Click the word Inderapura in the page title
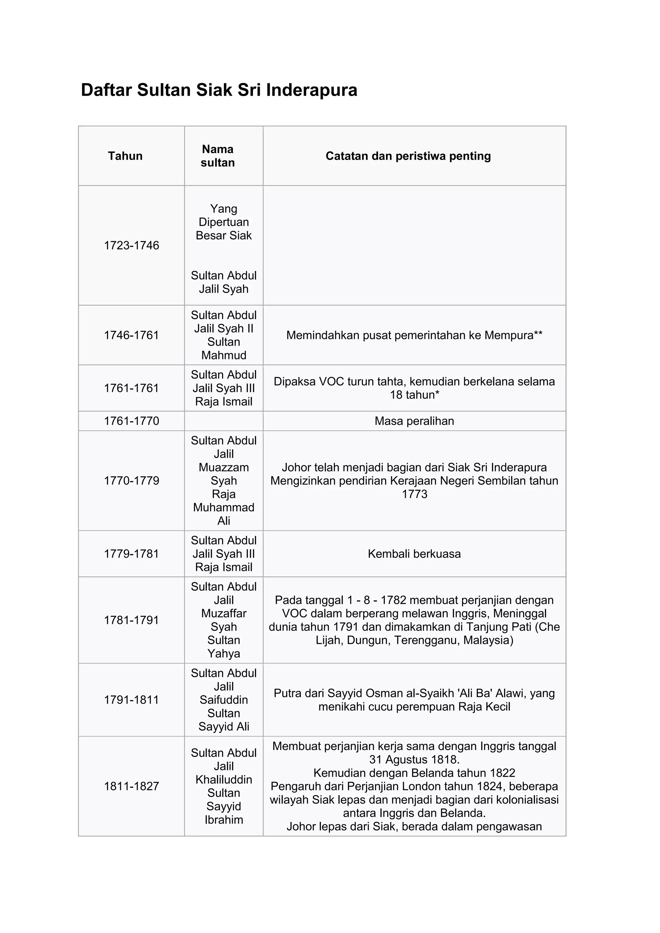[x=312, y=90]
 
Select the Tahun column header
[x=125, y=156]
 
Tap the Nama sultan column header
[x=218, y=156]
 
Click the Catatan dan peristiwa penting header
[x=408, y=156]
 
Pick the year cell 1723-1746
[x=131, y=245]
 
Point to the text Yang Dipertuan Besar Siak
[x=224, y=222]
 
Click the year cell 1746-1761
[x=131, y=335]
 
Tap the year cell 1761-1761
[x=131, y=388]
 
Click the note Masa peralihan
[x=414, y=421]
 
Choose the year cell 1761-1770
[x=131, y=421]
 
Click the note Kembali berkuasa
[x=414, y=554]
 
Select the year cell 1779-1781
[x=131, y=554]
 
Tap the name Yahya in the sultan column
[x=224, y=653]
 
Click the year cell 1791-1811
[x=131, y=700]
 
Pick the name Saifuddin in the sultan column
[x=224, y=700]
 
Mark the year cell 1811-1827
[x=131, y=786]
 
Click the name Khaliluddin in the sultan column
[x=224, y=780]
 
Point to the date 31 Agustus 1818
[x=414, y=759]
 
